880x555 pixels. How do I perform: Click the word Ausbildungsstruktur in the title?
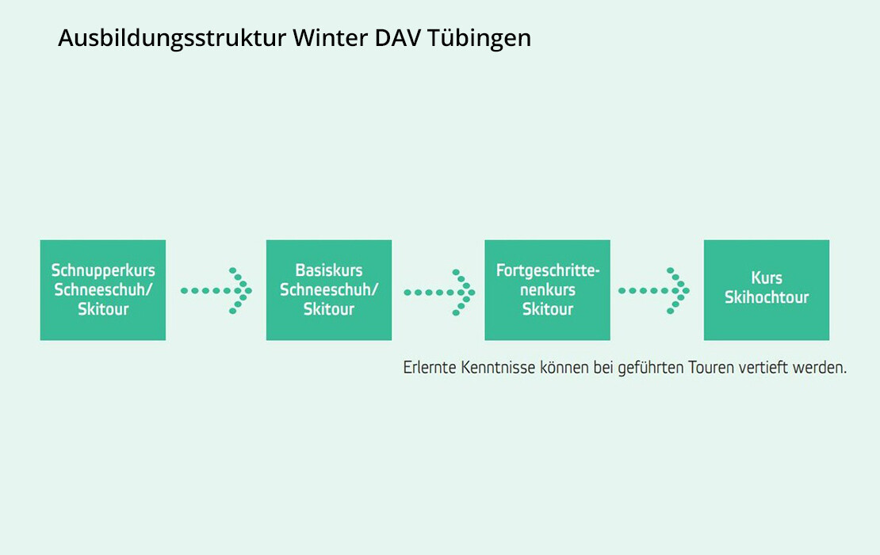(x=172, y=38)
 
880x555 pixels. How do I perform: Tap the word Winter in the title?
(x=331, y=37)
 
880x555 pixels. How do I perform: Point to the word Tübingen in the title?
(x=479, y=39)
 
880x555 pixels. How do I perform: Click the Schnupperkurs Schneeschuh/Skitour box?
(x=103, y=290)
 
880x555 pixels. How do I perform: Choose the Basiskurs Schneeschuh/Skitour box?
(x=329, y=290)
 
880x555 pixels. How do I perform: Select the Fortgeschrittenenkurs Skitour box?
(x=547, y=290)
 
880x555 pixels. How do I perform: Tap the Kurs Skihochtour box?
(x=767, y=290)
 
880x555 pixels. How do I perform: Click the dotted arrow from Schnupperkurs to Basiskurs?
(x=216, y=291)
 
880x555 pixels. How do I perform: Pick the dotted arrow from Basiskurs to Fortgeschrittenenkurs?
(x=439, y=293)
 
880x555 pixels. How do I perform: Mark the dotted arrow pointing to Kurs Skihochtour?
(x=654, y=291)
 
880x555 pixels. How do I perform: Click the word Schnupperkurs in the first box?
(x=103, y=271)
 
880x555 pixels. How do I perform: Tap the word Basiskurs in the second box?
(x=329, y=270)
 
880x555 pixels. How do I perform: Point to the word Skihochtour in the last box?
(x=767, y=297)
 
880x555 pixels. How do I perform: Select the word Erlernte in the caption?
(x=430, y=368)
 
